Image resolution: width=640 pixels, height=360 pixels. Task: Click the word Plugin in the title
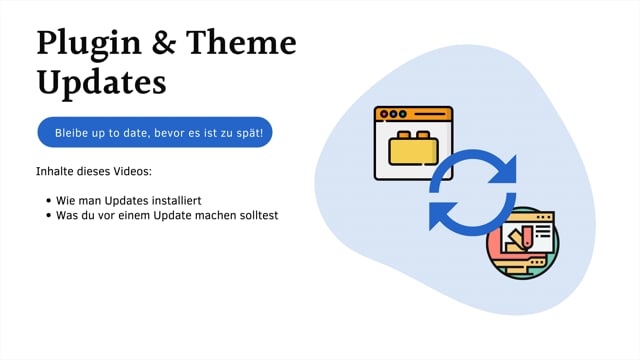(x=86, y=44)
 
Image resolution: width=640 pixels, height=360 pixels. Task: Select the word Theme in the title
(x=243, y=43)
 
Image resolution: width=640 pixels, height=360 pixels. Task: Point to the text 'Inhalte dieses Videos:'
(x=94, y=171)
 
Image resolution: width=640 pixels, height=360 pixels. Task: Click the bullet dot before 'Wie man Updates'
(x=49, y=201)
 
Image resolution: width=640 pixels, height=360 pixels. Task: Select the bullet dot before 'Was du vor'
(x=49, y=215)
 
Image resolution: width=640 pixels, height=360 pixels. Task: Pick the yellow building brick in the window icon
(x=412, y=148)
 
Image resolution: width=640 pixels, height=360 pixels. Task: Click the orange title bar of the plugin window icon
(x=413, y=114)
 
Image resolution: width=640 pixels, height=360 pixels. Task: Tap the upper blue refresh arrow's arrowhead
(x=504, y=167)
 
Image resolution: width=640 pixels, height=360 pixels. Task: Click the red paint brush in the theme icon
(x=521, y=238)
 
